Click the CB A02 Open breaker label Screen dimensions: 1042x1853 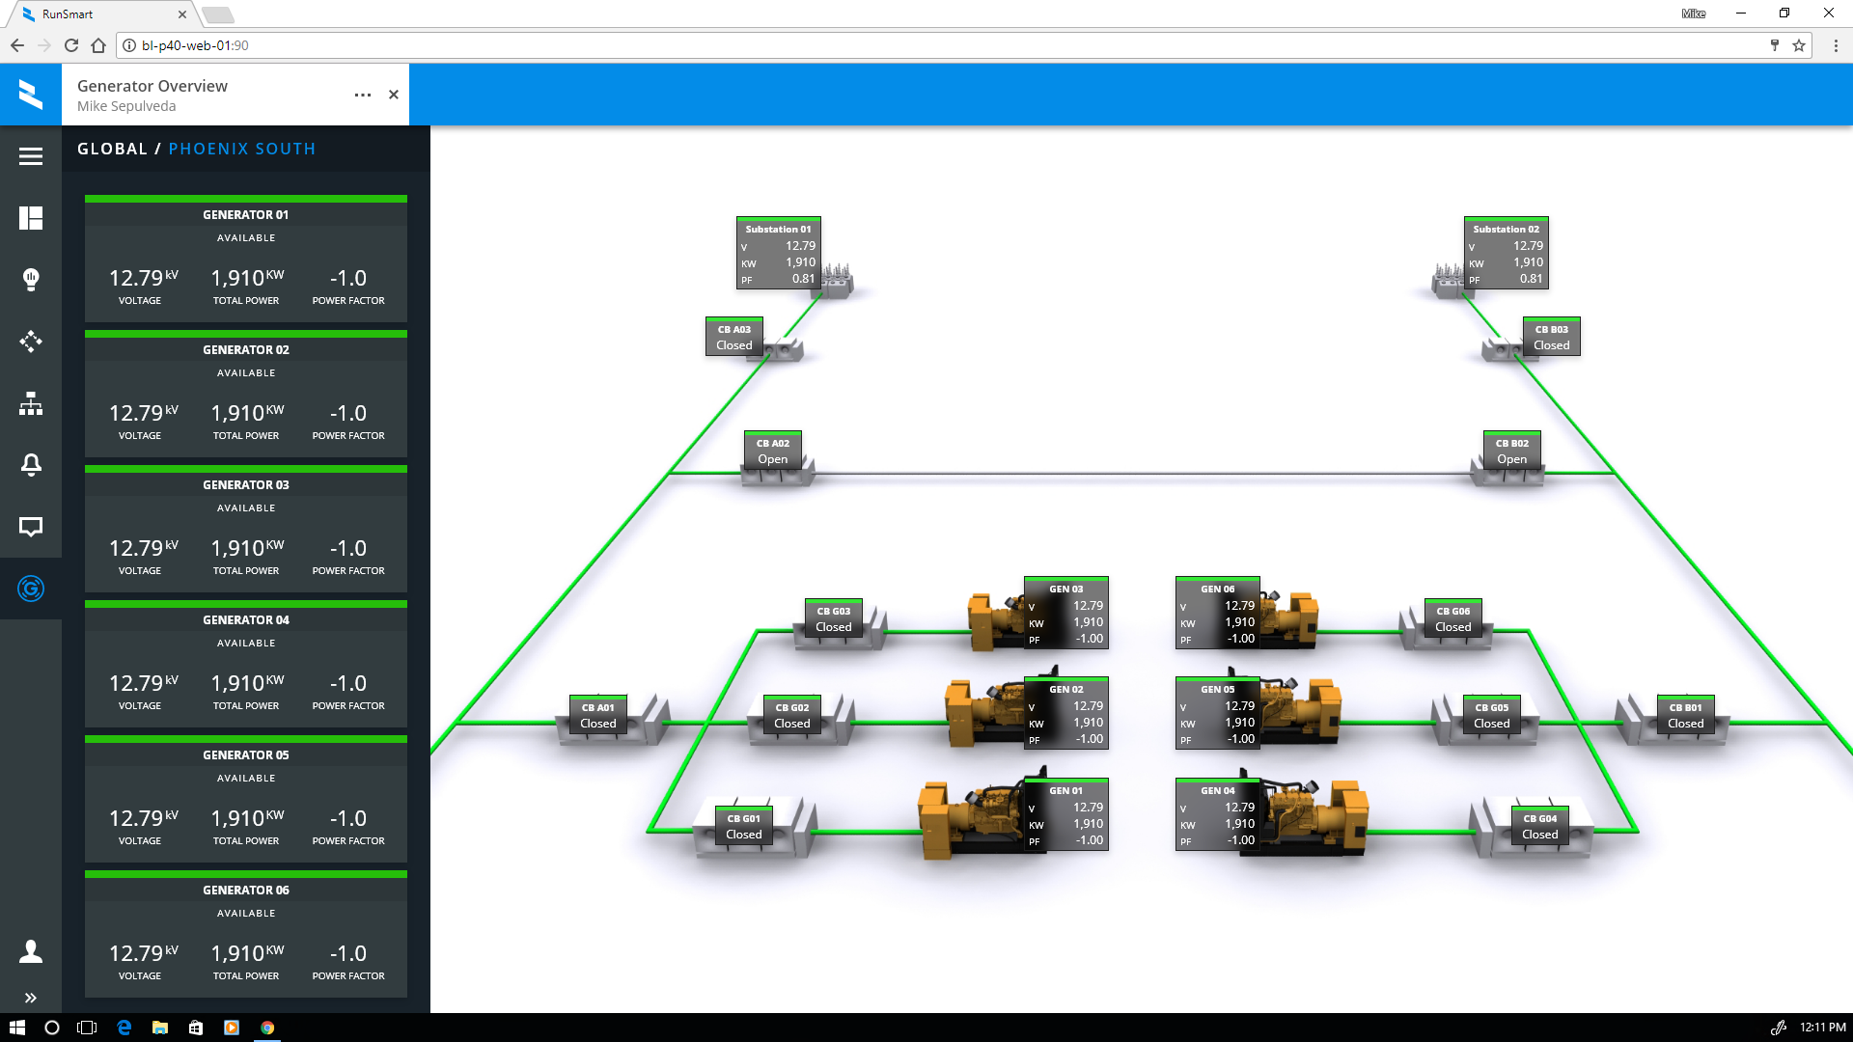pos(772,451)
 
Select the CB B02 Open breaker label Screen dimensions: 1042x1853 pos(1511,451)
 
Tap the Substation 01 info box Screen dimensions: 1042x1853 pos(778,253)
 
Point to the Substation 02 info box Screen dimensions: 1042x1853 pos(1506,253)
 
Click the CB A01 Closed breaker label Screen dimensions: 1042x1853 pos(597,715)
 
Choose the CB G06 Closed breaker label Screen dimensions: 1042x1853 pos(1452,618)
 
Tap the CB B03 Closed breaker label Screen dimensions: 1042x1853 pos(1551,337)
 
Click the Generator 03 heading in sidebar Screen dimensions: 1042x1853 pos(245,484)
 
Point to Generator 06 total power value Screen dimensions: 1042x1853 pos(247,953)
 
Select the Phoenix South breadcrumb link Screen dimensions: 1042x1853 pos(241,149)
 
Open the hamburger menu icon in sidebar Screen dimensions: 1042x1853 pos(31,156)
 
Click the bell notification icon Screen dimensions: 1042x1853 pos(31,465)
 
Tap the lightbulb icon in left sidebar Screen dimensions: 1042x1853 pos(31,280)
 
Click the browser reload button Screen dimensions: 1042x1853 pos(71,45)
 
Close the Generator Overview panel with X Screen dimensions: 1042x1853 pos(394,95)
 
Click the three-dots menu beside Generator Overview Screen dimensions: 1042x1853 pos(363,95)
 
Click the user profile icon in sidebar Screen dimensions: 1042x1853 pos(31,951)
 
